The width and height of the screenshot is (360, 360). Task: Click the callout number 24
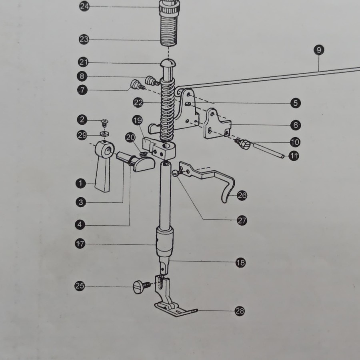84,6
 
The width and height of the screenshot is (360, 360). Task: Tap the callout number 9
319,50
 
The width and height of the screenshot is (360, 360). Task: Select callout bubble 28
240,311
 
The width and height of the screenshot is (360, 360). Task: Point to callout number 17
80,243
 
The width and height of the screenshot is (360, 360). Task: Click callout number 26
242,195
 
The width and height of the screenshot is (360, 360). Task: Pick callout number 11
294,156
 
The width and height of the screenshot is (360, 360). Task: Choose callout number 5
295,103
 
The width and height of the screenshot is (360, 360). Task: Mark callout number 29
82,136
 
